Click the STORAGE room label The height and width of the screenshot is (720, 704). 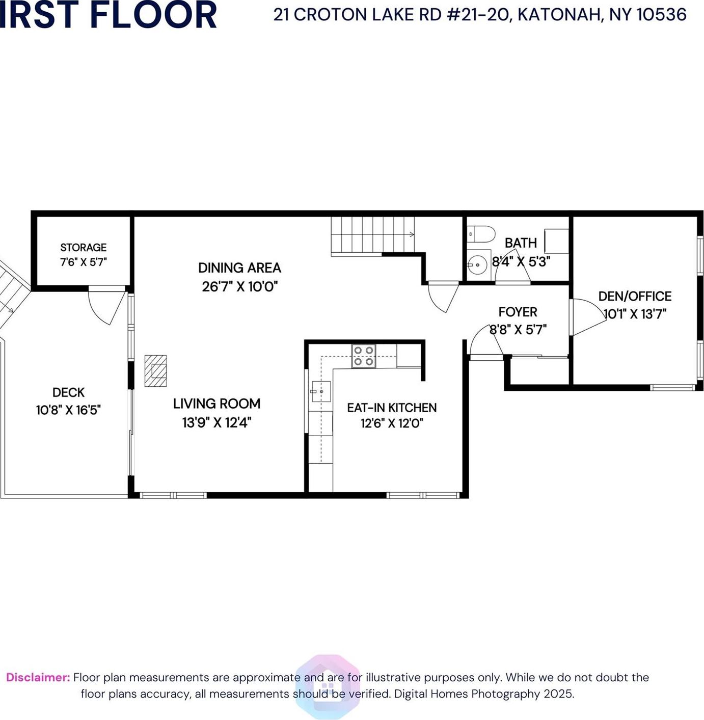[x=84, y=248]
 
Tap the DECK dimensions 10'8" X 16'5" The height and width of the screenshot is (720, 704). [x=68, y=410]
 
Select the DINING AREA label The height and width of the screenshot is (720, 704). [x=239, y=268]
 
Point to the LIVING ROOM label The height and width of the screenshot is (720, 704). [x=216, y=404]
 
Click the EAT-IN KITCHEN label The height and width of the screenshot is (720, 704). [x=392, y=408]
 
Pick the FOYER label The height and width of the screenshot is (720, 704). [x=518, y=312]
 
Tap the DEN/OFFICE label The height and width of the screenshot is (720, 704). [x=635, y=297]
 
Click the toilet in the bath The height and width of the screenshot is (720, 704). [x=481, y=234]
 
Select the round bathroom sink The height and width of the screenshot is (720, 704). [x=477, y=265]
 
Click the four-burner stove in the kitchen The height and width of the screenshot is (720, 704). [x=364, y=356]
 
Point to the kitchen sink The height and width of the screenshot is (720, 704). [x=321, y=391]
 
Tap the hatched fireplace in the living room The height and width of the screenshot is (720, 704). [x=155, y=371]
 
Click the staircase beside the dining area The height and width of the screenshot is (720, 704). [x=372, y=234]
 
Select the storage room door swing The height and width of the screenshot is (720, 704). [x=105, y=306]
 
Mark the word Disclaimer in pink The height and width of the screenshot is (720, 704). [x=38, y=678]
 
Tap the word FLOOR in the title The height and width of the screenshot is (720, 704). [x=153, y=15]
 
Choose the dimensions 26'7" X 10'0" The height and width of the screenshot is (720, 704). [x=239, y=287]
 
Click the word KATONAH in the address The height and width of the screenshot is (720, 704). [x=559, y=15]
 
